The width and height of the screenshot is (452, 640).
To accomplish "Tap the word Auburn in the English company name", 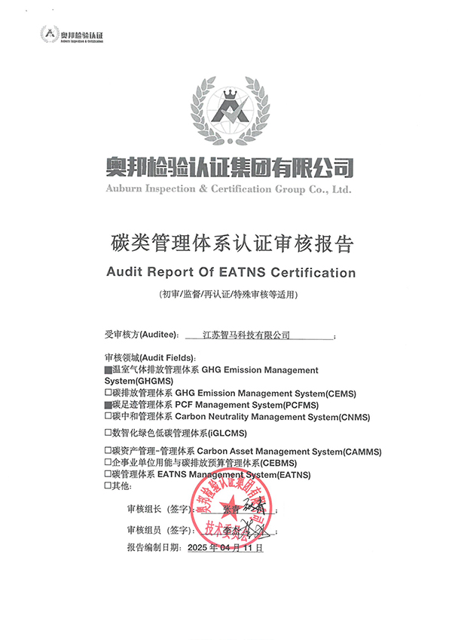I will (x=124, y=189).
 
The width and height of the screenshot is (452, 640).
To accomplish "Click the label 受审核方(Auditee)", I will (x=141, y=334).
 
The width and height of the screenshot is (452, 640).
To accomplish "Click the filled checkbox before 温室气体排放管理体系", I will (x=108, y=371).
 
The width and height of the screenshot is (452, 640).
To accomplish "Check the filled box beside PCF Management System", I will (x=108, y=405).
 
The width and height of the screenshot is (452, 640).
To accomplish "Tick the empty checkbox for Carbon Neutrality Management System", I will (x=108, y=416).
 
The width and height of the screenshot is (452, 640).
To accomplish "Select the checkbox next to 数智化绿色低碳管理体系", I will (x=108, y=433).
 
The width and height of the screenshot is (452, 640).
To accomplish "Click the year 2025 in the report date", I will (x=198, y=549).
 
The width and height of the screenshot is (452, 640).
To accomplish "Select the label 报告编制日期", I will (x=154, y=549).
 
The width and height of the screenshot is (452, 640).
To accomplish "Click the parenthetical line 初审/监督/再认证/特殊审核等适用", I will (x=226, y=293).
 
